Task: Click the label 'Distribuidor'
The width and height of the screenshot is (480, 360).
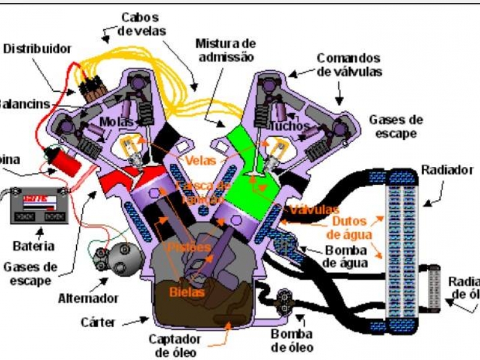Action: point(37,49)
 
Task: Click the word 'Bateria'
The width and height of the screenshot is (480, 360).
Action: point(34,245)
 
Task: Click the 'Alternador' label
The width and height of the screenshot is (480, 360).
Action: point(88,298)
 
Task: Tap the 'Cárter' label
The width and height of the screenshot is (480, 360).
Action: point(98,322)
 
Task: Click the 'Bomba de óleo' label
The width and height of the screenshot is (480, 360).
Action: point(292,341)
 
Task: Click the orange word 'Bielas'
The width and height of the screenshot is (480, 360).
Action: point(187,292)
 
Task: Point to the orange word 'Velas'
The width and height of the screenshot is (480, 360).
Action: point(201,161)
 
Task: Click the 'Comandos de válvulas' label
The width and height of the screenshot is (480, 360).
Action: point(349,65)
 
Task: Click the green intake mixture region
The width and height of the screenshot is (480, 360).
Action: point(252,168)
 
